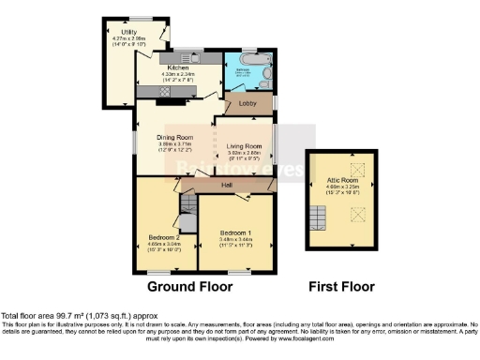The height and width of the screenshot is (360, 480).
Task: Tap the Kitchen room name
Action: (x=179, y=67)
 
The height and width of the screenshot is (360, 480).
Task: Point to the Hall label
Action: (x=226, y=185)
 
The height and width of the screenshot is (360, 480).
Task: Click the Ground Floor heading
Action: (x=183, y=286)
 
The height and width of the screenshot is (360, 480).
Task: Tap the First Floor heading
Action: (x=342, y=286)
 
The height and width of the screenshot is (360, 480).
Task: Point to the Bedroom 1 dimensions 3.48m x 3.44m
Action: (x=236, y=240)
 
